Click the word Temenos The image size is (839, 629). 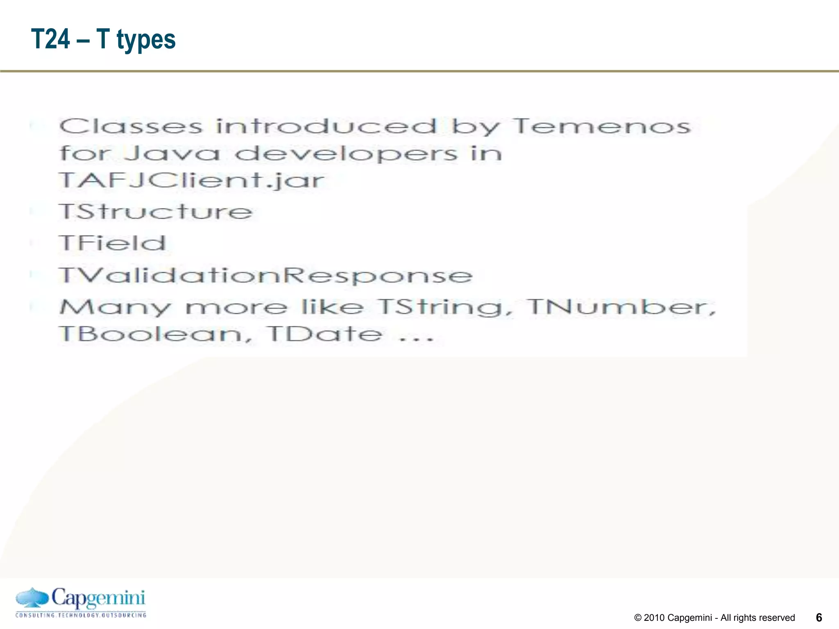[601, 126]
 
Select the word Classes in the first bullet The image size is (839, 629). [131, 126]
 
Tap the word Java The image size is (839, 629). [172, 154]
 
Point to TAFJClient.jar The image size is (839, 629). [192, 180]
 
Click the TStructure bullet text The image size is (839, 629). [156, 212]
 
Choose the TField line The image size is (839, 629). [113, 243]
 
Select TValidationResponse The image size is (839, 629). [265, 275]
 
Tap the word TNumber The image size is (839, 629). [621, 307]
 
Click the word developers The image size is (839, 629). [346, 154]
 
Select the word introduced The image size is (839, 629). [327, 126]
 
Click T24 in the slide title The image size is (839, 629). [51, 39]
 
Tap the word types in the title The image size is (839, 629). [146, 40]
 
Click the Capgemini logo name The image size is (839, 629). [98, 598]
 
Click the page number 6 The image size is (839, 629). [819, 618]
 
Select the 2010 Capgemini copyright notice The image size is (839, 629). [714, 618]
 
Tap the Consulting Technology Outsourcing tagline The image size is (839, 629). [81, 615]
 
